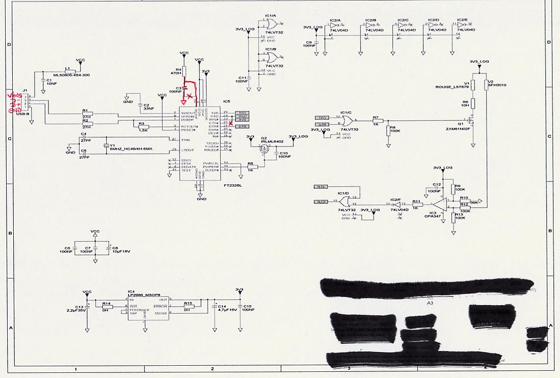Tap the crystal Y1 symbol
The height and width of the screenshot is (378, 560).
(106, 145)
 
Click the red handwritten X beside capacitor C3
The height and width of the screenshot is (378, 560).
(190, 96)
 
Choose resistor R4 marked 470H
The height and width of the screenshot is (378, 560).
(185, 71)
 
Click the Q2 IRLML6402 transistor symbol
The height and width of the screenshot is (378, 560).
(264, 149)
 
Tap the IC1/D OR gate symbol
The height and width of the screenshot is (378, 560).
(342, 201)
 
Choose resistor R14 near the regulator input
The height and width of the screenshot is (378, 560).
(107, 307)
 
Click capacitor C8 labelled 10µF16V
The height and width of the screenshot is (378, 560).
(109, 248)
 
